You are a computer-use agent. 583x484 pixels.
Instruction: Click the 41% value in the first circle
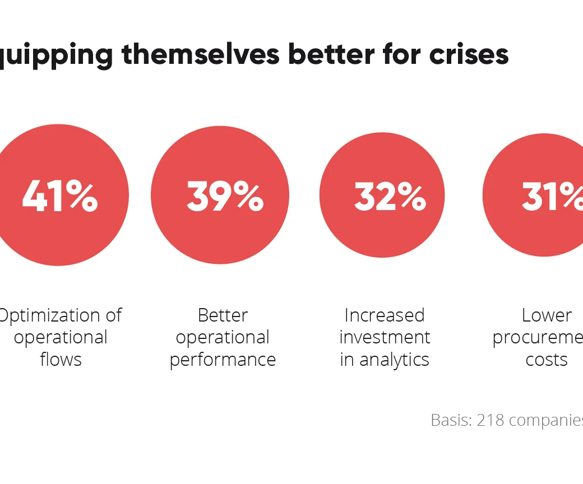(x=60, y=196)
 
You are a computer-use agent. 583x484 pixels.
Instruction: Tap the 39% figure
(x=225, y=196)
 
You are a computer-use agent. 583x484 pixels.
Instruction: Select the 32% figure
(x=390, y=197)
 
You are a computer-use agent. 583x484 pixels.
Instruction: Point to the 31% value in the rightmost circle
(x=552, y=196)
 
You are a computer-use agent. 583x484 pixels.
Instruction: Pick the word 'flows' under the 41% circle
(x=61, y=359)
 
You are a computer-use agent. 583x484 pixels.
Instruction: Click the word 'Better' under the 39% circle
(x=223, y=315)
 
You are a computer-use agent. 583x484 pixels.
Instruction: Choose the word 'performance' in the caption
(x=223, y=360)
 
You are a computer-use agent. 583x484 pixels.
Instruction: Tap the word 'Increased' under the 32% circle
(x=385, y=315)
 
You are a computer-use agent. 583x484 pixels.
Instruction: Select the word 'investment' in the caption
(x=385, y=337)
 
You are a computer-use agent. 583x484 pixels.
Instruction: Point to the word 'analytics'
(x=394, y=360)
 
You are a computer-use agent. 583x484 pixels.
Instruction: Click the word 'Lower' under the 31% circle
(x=547, y=315)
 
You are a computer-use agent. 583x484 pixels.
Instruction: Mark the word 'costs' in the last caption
(x=547, y=359)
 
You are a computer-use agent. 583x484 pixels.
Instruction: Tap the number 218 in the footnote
(x=488, y=420)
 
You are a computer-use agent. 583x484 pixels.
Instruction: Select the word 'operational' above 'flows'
(x=61, y=338)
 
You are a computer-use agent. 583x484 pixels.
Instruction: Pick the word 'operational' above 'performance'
(x=223, y=338)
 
